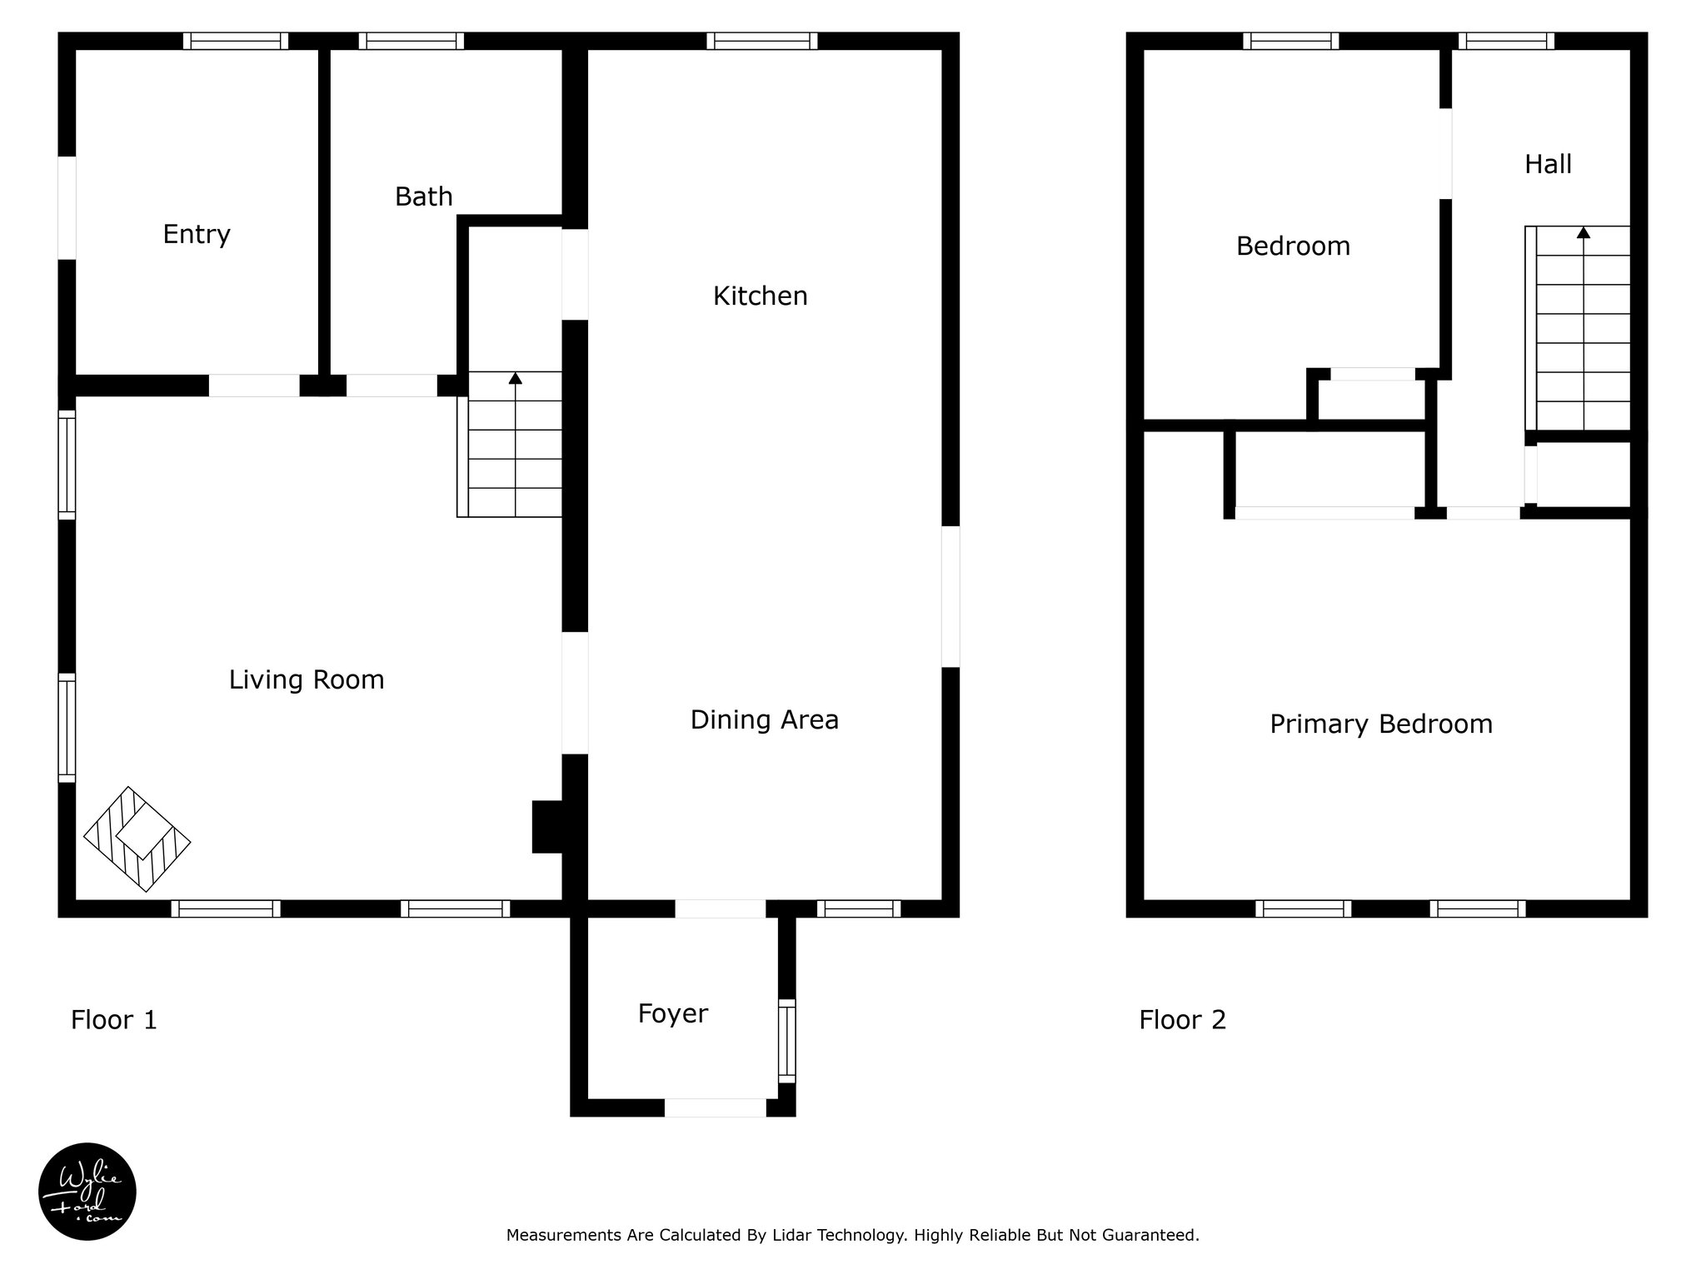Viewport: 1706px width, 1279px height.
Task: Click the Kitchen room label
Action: (760, 296)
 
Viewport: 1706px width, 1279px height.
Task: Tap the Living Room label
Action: (307, 680)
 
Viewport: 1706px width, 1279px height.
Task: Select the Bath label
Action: (423, 197)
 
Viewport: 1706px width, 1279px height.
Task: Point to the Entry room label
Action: (197, 235)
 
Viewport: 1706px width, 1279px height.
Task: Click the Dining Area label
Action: (764, 720)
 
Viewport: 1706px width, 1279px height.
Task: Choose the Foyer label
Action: (672, 1014)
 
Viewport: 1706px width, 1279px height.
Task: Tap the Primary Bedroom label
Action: (1380, 724)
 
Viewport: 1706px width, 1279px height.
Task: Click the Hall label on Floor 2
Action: (1548, 165)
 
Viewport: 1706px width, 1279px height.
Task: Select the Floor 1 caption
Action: (114, 1020)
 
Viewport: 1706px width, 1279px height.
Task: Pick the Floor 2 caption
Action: (1182, 1020)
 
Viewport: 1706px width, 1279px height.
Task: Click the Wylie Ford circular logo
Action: (87, 1192)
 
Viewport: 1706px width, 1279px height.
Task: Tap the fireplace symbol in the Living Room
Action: (137, 839)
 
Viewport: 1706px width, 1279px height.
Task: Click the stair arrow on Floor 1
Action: (516, 379)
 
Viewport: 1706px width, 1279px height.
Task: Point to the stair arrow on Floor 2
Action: (1583, 233)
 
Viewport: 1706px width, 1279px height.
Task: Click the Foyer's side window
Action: (786, 1040)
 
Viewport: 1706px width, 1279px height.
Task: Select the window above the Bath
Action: (412, 41)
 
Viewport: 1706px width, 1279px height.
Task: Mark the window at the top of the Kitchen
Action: (762, 41)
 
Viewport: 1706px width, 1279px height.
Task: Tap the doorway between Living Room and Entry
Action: (254, 386)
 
